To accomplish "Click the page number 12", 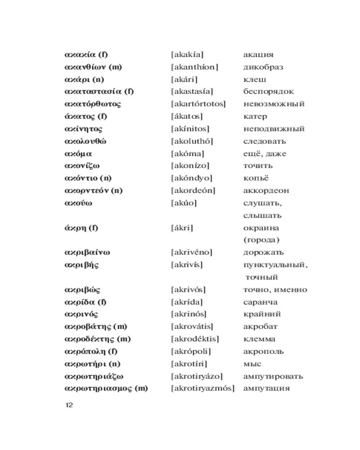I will pos(69,405).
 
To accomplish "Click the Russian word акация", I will pos(258,55).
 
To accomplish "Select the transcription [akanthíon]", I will pos(194,67).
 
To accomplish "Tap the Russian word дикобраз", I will pos(263,67).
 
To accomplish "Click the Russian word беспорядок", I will pos(268,92).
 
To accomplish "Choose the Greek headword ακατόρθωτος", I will pos(93,104).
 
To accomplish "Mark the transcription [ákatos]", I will pos(187,117).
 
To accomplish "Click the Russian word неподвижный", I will pos(274,129).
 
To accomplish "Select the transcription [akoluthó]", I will pos(192,141).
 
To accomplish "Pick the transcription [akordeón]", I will pos(193,190).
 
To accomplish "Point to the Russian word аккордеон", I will pos(266,190).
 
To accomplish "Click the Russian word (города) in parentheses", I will pos(261,240).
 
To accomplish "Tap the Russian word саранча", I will pos(260,302).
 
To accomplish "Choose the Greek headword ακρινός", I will pos(81,314).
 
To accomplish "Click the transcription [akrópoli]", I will pos(191,351).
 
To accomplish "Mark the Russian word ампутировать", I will pos(273,376).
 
